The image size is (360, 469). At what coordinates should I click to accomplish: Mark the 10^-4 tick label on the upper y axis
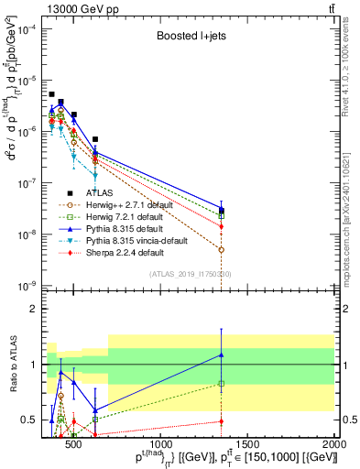click(29, 29)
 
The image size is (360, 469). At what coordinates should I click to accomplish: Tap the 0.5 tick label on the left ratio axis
click(31, 420)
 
